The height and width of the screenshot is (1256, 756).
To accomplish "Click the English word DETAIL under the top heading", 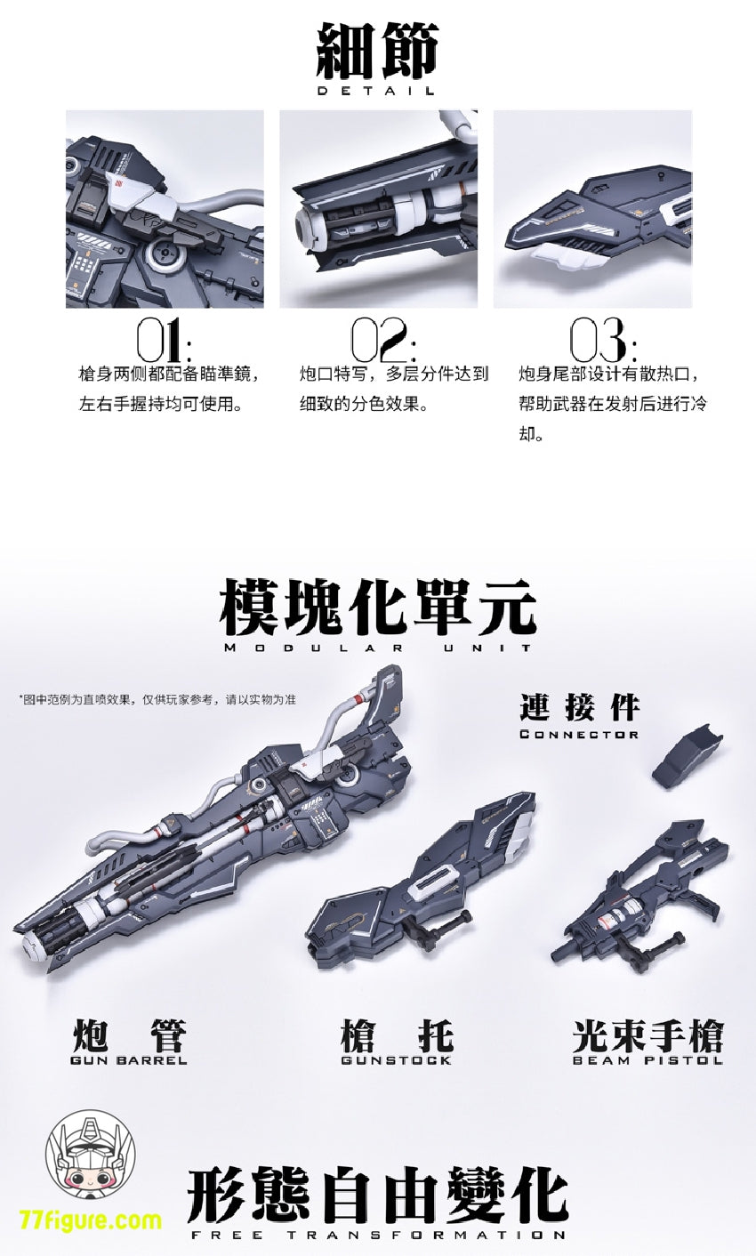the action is click(x=375, y=90).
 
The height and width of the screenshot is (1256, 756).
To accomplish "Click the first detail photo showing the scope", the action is click(x=165, y=208).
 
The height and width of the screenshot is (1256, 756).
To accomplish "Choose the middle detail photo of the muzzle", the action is click(x=379, y=208).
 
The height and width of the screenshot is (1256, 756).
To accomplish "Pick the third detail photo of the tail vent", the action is click(x=593, y=208).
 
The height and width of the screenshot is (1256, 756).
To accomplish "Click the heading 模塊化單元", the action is click(x=377, y=608).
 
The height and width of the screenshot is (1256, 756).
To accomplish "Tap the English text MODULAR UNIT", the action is click(x=377, y=648).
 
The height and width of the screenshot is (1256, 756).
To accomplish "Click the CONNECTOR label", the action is click(x=579, y=734).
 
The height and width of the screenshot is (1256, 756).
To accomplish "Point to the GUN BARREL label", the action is click(x=128, y=1060).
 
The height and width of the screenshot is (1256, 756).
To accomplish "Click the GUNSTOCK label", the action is click(x=396, y=1060).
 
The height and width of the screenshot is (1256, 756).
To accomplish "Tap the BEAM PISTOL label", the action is click(x=647, y=1060).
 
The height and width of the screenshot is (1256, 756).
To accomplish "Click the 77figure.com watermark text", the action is click(x=90, y=1219).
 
